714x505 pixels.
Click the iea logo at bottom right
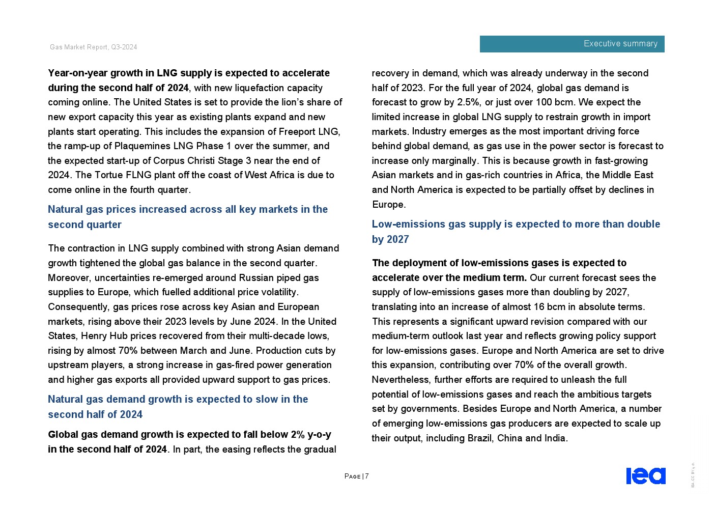pos(645,475)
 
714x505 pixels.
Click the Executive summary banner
pos(572,44)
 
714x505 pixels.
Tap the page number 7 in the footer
pos(366,476)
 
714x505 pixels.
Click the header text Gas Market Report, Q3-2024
pos(93,47)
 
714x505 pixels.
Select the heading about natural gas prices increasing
pos(187,217)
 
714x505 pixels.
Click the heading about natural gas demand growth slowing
pos(178,407)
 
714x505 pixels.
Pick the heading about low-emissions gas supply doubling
pos(516,232)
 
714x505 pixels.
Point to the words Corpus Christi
pos(183,160)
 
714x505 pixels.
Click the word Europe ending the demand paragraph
pos(388,204)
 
